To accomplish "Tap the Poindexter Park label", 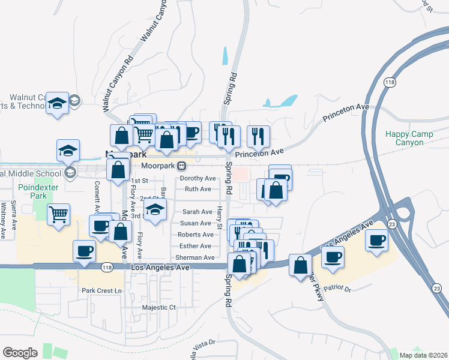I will point(32,191).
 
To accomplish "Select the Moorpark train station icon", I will point(181,166).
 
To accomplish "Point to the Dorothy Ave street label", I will point(198,178).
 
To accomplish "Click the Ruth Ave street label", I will point(198,189).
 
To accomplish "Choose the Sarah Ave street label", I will point(197,212).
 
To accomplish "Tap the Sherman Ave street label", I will point(196,257).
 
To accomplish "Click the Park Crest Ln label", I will point(101,290).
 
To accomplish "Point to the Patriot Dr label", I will point(337,289).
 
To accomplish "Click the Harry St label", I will point(220,213).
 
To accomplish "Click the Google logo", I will point(20,353).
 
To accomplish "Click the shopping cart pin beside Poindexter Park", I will point(59,214).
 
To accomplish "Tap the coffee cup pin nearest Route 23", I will point(376,240).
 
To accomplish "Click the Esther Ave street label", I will point(196,246).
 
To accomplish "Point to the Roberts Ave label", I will point(196,235).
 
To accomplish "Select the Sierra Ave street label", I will point(14,212).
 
